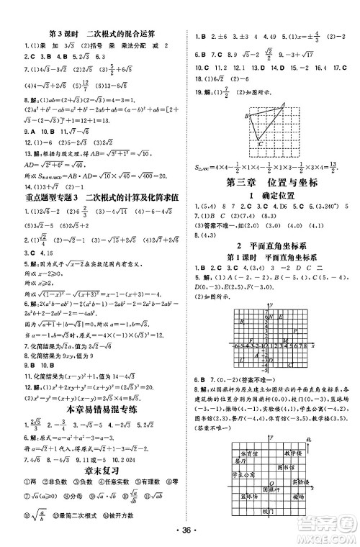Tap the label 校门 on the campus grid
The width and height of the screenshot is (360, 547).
(x=269, y=512)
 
